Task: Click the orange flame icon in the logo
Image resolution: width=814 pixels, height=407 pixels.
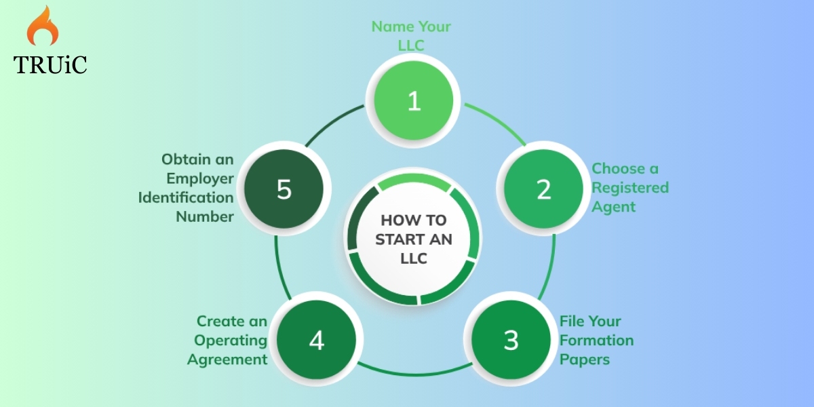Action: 42,28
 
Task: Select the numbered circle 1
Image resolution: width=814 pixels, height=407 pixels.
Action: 414,101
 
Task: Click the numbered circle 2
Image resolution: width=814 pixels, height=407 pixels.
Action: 543,190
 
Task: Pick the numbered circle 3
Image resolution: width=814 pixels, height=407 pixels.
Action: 511,340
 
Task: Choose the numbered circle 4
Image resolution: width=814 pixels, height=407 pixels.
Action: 317,341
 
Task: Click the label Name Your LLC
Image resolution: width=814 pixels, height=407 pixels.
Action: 411,35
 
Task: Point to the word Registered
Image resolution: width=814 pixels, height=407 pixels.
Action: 630,187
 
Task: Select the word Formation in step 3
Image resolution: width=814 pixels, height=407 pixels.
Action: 596,340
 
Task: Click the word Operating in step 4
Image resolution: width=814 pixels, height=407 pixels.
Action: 231,341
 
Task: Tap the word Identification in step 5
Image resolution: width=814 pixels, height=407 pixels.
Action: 186,197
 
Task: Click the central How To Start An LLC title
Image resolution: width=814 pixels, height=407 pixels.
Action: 414,239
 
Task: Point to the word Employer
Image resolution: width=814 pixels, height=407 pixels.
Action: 199,178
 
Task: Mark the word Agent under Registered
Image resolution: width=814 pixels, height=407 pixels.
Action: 614,207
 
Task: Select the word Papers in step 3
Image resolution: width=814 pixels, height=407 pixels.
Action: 585,359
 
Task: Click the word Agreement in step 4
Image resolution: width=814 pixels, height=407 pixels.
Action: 227,360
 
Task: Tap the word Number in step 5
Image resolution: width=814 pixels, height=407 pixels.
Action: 205,216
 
